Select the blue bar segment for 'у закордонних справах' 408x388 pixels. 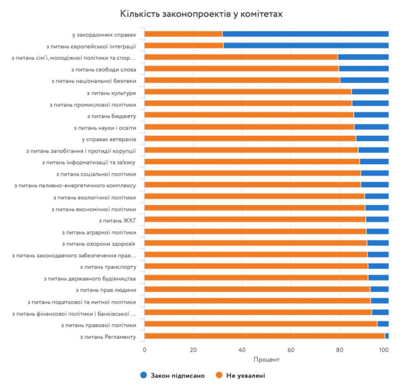click(x=305, y=34)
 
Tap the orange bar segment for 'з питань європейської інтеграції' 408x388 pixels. click(x=184, y=45)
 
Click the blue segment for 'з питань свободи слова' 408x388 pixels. click(x=364, y=68)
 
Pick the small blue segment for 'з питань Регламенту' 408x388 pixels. click(x=387, y=335)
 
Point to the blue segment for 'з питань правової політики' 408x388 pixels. click(x=382, y=324)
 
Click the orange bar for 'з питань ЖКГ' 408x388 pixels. click(x=255, y=220)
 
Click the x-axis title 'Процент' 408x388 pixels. click(x=266, y=359)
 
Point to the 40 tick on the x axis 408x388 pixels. click(x=242, y=350)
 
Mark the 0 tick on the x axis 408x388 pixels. click(x=145, y=350)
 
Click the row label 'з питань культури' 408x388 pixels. click(x=111, y=92)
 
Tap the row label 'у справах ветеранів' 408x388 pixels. click(x=108, y=139)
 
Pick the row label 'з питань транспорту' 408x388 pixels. click(x=108, y=266)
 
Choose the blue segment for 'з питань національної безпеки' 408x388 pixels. click(x=364, y=80)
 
